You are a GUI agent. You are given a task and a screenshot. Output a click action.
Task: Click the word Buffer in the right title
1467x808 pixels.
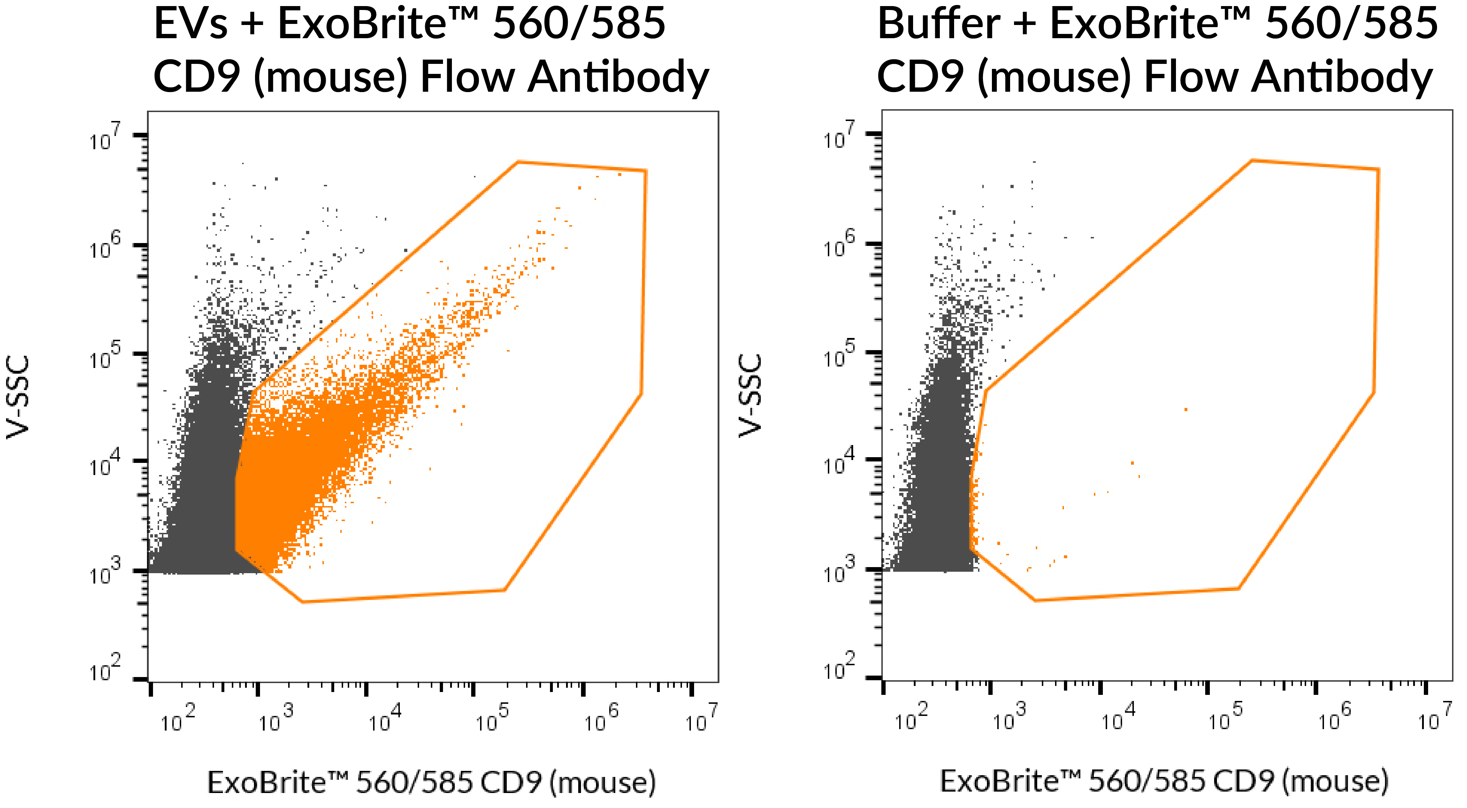coord(938,24)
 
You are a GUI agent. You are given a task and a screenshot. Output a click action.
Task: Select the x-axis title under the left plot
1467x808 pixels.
coord(431,782)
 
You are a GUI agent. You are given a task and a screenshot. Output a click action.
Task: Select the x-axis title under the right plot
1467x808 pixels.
coord(1163,781)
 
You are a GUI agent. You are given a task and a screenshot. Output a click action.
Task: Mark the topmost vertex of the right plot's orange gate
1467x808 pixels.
coord(1252,161)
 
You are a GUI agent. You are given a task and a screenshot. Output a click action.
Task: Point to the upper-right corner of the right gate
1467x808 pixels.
coord(1378,169)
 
